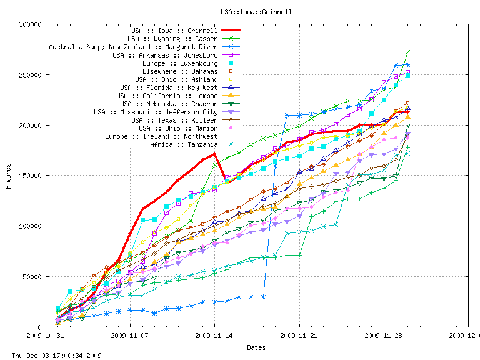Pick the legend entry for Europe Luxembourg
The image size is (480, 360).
tap(180, 63)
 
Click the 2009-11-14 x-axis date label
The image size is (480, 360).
tap(214, 335)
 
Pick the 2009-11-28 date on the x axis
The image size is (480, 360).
tap(384, 335)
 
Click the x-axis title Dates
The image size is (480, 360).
tap(256, 347)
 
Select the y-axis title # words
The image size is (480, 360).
tap(9, 176)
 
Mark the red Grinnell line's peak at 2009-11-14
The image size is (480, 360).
tap(214, 153)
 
